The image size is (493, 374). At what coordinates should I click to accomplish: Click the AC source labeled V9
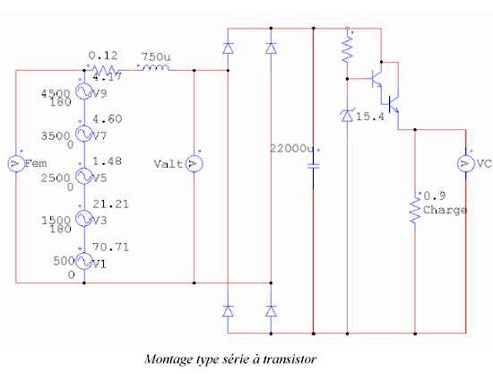point(84,91)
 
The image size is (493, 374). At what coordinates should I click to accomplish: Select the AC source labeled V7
point(84,134)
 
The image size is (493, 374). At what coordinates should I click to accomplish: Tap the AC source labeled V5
point(84,176)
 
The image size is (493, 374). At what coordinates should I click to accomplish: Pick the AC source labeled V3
point(84,218)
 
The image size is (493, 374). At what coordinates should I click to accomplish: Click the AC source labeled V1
point(84,261)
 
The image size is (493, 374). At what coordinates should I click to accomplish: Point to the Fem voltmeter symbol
point(16,163)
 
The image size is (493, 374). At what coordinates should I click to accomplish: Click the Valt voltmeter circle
point(194,163)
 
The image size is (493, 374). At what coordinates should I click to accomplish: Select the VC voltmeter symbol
point(465,163)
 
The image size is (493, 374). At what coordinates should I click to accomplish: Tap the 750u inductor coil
point(156,67)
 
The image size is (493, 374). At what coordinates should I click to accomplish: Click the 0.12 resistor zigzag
point(104,70)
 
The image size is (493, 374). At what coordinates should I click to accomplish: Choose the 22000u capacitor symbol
point(313,166)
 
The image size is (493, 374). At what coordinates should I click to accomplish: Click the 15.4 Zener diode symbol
point(347,116)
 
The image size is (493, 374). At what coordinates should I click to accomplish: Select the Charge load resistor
point(415,210)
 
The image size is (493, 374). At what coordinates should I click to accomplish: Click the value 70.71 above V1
point(110,247)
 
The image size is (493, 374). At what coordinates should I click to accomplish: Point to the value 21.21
point(110,204)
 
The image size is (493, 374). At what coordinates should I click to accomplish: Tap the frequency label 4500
point(56,94)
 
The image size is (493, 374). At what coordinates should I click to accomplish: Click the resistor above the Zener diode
point(347,49)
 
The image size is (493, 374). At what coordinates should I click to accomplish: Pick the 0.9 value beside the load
point(435,196)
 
